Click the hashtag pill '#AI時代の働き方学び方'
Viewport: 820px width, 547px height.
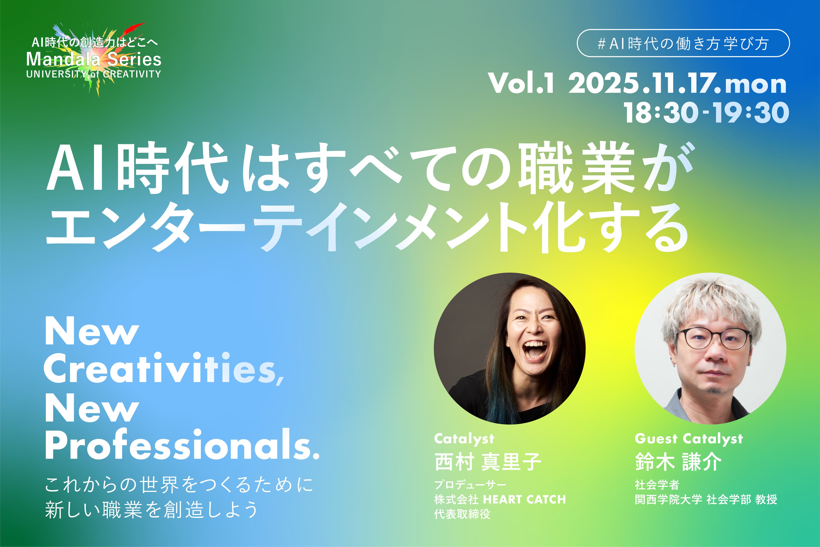pyautogui.click(x=683, y=43)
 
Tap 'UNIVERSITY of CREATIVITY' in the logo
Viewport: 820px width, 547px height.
pyautogui.click(x=93, y=74)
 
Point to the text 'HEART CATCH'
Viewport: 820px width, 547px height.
pyautogui.click(x=525, y=499)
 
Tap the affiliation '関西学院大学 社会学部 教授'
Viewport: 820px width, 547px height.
pyautogui.click(x=706, y=499)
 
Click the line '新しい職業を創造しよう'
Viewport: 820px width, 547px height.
pyautogui.click(x=152, y=510)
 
